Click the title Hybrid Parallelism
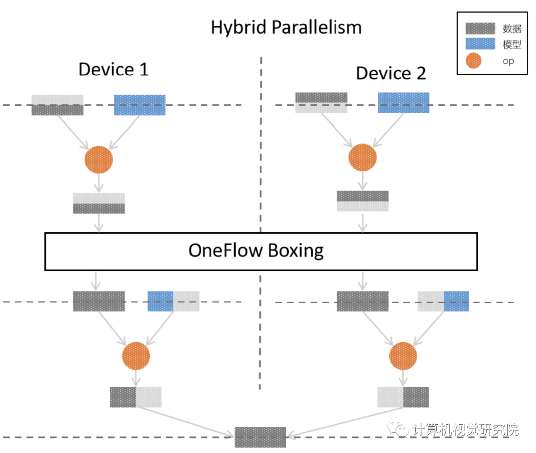(x=286, y=27)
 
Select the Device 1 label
(x=114, y=69)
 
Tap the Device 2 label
(x=391, y=73)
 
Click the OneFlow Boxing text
(x=256, y=250)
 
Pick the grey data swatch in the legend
(x=480, y=28)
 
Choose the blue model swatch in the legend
(x=480, y=44)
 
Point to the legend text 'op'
(x=508, y=61)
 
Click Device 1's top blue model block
(x=139, y=105)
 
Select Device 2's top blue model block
(x=403, y=102)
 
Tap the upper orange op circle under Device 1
(x=99, y=159)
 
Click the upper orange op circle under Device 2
(x=363, y=157)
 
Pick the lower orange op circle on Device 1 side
(x=135, y=355)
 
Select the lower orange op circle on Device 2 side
(x=403, y=356)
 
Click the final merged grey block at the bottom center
(x=260, y=437)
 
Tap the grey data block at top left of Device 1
(x=58, y=105)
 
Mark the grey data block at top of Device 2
(x=321, y=102)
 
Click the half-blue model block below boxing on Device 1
(x=173, y=301)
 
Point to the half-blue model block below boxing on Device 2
(x=443, y=301)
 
